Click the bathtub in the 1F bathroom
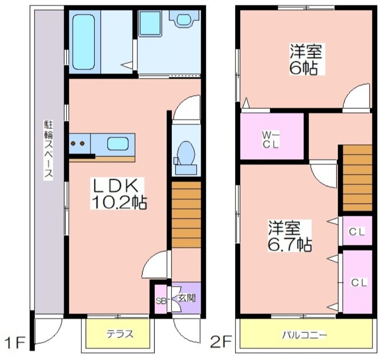[83, 42]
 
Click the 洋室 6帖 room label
[306, 59]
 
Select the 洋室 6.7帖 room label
[290, 236]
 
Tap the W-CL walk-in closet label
[270, 139]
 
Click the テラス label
[120, 333]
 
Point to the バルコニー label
[304, 335]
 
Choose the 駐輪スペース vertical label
[48, 150]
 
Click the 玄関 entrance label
[187, 298]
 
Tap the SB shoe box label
[161, 301]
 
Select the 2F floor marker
[221, 342]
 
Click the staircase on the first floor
[186, 214]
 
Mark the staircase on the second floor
[357, 178]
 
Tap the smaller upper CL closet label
[357, 232]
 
